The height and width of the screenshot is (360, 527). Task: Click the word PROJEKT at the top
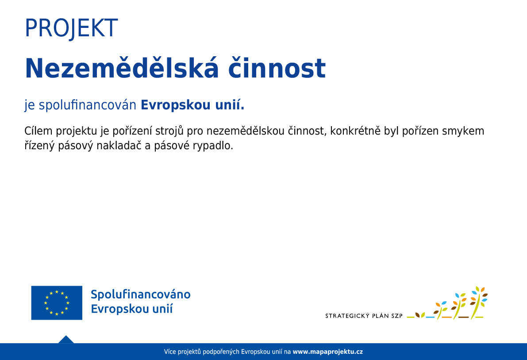(x=71, y=28)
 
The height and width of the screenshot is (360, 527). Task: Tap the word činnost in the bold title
(x=277, y=68)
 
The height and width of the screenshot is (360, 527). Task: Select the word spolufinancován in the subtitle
(x=87, y=105)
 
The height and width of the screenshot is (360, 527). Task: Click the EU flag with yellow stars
(x=57, y=303)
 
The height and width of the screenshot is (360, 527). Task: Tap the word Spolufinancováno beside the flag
(x=140, y=294)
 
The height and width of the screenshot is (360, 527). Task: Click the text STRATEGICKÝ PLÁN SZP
(x=364, y=316)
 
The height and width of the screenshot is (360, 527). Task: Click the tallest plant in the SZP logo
(x=478, y=303)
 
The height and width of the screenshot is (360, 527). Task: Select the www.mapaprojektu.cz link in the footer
(x=328, y=352)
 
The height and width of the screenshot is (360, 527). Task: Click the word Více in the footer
(x=170, y=352)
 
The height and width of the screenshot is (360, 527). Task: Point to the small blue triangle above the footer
(x=66, y=339)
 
